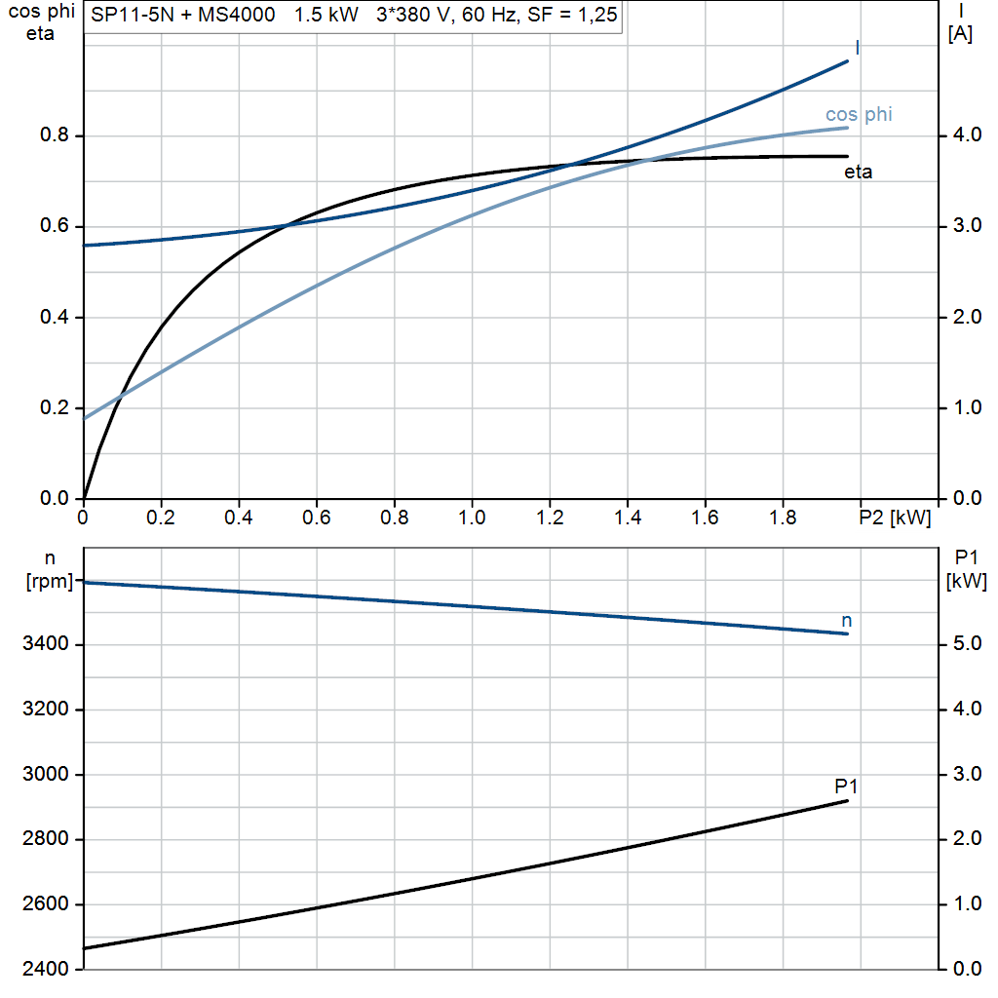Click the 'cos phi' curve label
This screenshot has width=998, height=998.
[859, 115]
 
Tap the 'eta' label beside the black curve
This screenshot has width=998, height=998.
[858, 173]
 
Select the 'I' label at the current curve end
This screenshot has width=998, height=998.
[857, 48]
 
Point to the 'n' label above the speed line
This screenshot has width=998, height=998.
[846, 620]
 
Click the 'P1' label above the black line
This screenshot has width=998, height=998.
[846, 786]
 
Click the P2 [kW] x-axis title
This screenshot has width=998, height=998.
[895, 518]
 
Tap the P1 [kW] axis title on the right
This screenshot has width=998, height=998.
[966, 570]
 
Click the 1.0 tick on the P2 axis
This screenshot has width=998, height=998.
[472, 518]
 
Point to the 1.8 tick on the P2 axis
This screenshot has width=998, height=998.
[783, 518]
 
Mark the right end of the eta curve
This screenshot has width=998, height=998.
[847, 157]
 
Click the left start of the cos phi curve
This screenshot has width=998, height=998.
[85, 418]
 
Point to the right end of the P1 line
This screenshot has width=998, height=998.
[847, 801]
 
